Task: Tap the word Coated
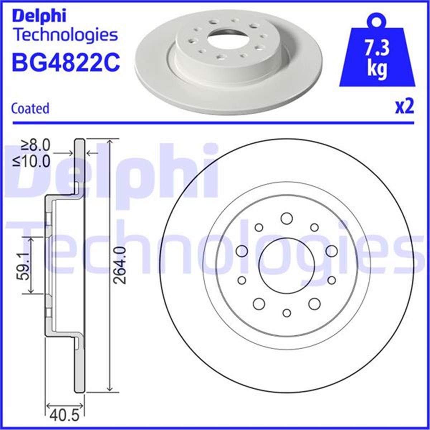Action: pos(30,108)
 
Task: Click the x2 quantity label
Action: pos(404,107)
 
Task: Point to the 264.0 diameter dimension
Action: pos(122,265)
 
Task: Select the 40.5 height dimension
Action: pos(64,416)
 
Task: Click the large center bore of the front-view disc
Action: pos(287,266)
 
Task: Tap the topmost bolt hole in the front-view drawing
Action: pos(286,218)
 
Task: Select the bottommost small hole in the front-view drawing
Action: pos(287,313)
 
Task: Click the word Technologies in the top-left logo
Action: pos(65,35)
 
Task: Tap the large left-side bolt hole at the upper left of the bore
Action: pos(242,251)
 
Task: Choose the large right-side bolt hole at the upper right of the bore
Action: pos(331,251)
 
